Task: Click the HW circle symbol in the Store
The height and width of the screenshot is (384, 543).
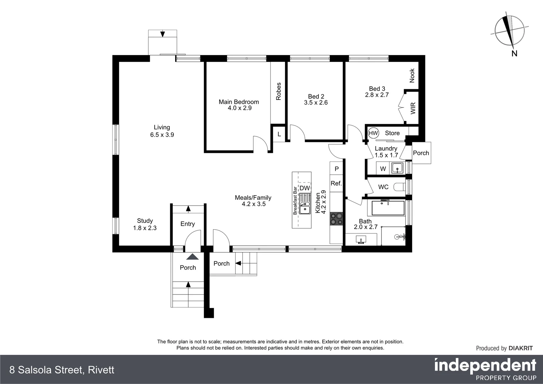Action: pos(373,133)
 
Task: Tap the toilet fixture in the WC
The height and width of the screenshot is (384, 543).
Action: pos(400,187)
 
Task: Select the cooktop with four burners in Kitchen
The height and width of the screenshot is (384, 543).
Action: pos(336,219)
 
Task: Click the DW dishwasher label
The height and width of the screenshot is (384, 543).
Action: pos(305,188)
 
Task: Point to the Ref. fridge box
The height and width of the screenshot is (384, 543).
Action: pos(336,183)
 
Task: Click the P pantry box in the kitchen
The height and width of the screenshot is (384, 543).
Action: pos(337,169)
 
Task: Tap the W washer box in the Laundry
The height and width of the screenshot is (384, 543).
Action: pos(383,169)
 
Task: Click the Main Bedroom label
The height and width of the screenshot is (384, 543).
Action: pos(239,102)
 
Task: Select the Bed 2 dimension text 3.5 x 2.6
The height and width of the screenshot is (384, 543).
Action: pos(316,103)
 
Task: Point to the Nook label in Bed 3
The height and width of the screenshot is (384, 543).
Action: pos(412,75)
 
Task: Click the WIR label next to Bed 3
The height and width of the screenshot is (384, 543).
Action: pos(413,108)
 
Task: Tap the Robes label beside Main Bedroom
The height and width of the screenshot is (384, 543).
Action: pos(279,91)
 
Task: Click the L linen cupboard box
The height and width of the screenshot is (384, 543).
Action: pos(279,134)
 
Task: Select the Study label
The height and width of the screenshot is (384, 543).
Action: pos(145,221)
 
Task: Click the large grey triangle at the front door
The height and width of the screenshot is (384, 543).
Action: pos(193,257)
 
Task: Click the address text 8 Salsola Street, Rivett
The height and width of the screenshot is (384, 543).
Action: pos(62,370)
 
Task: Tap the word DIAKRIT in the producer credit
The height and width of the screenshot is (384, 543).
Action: pos(521,348)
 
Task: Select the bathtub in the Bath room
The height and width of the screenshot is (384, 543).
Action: pos(388,208)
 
